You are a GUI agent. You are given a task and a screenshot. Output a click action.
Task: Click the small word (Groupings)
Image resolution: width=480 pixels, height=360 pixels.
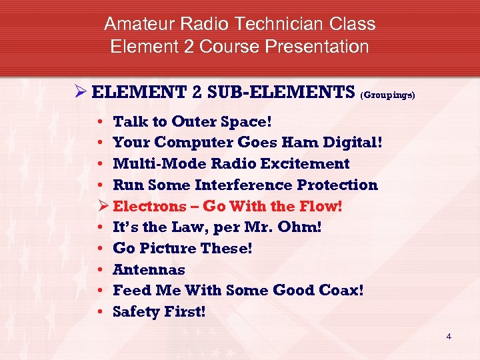(387, 95)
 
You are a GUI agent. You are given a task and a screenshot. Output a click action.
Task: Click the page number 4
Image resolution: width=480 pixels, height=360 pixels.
(449, 336)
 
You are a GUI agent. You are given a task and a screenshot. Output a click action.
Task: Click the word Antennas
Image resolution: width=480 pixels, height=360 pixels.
(149, 269)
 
